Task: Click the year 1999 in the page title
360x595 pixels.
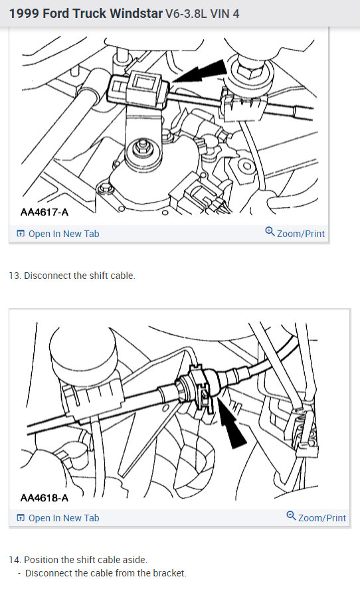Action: pyautogui.click(x=23, y=13)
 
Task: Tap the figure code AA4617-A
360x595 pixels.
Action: pyautogui.click(x=45, y=212)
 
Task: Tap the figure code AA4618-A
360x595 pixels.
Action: pyautogui.click(x=45, y=497)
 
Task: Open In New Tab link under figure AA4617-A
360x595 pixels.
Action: pyautogui.click(x=64, y=234)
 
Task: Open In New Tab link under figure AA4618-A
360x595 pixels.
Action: pyautogui.click(x=64, y=518)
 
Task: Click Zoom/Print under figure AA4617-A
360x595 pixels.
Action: pyautogui.click(x=301, y=233)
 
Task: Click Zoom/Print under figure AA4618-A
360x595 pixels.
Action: pyautogui.click(x=322, y=517)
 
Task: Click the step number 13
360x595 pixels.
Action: pyautogui.click(x=15, y=276)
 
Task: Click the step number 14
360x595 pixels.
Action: pyautogui.click(x=15, y=560)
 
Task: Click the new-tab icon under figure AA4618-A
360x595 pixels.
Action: pyautogui.click(x=21, y=518)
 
